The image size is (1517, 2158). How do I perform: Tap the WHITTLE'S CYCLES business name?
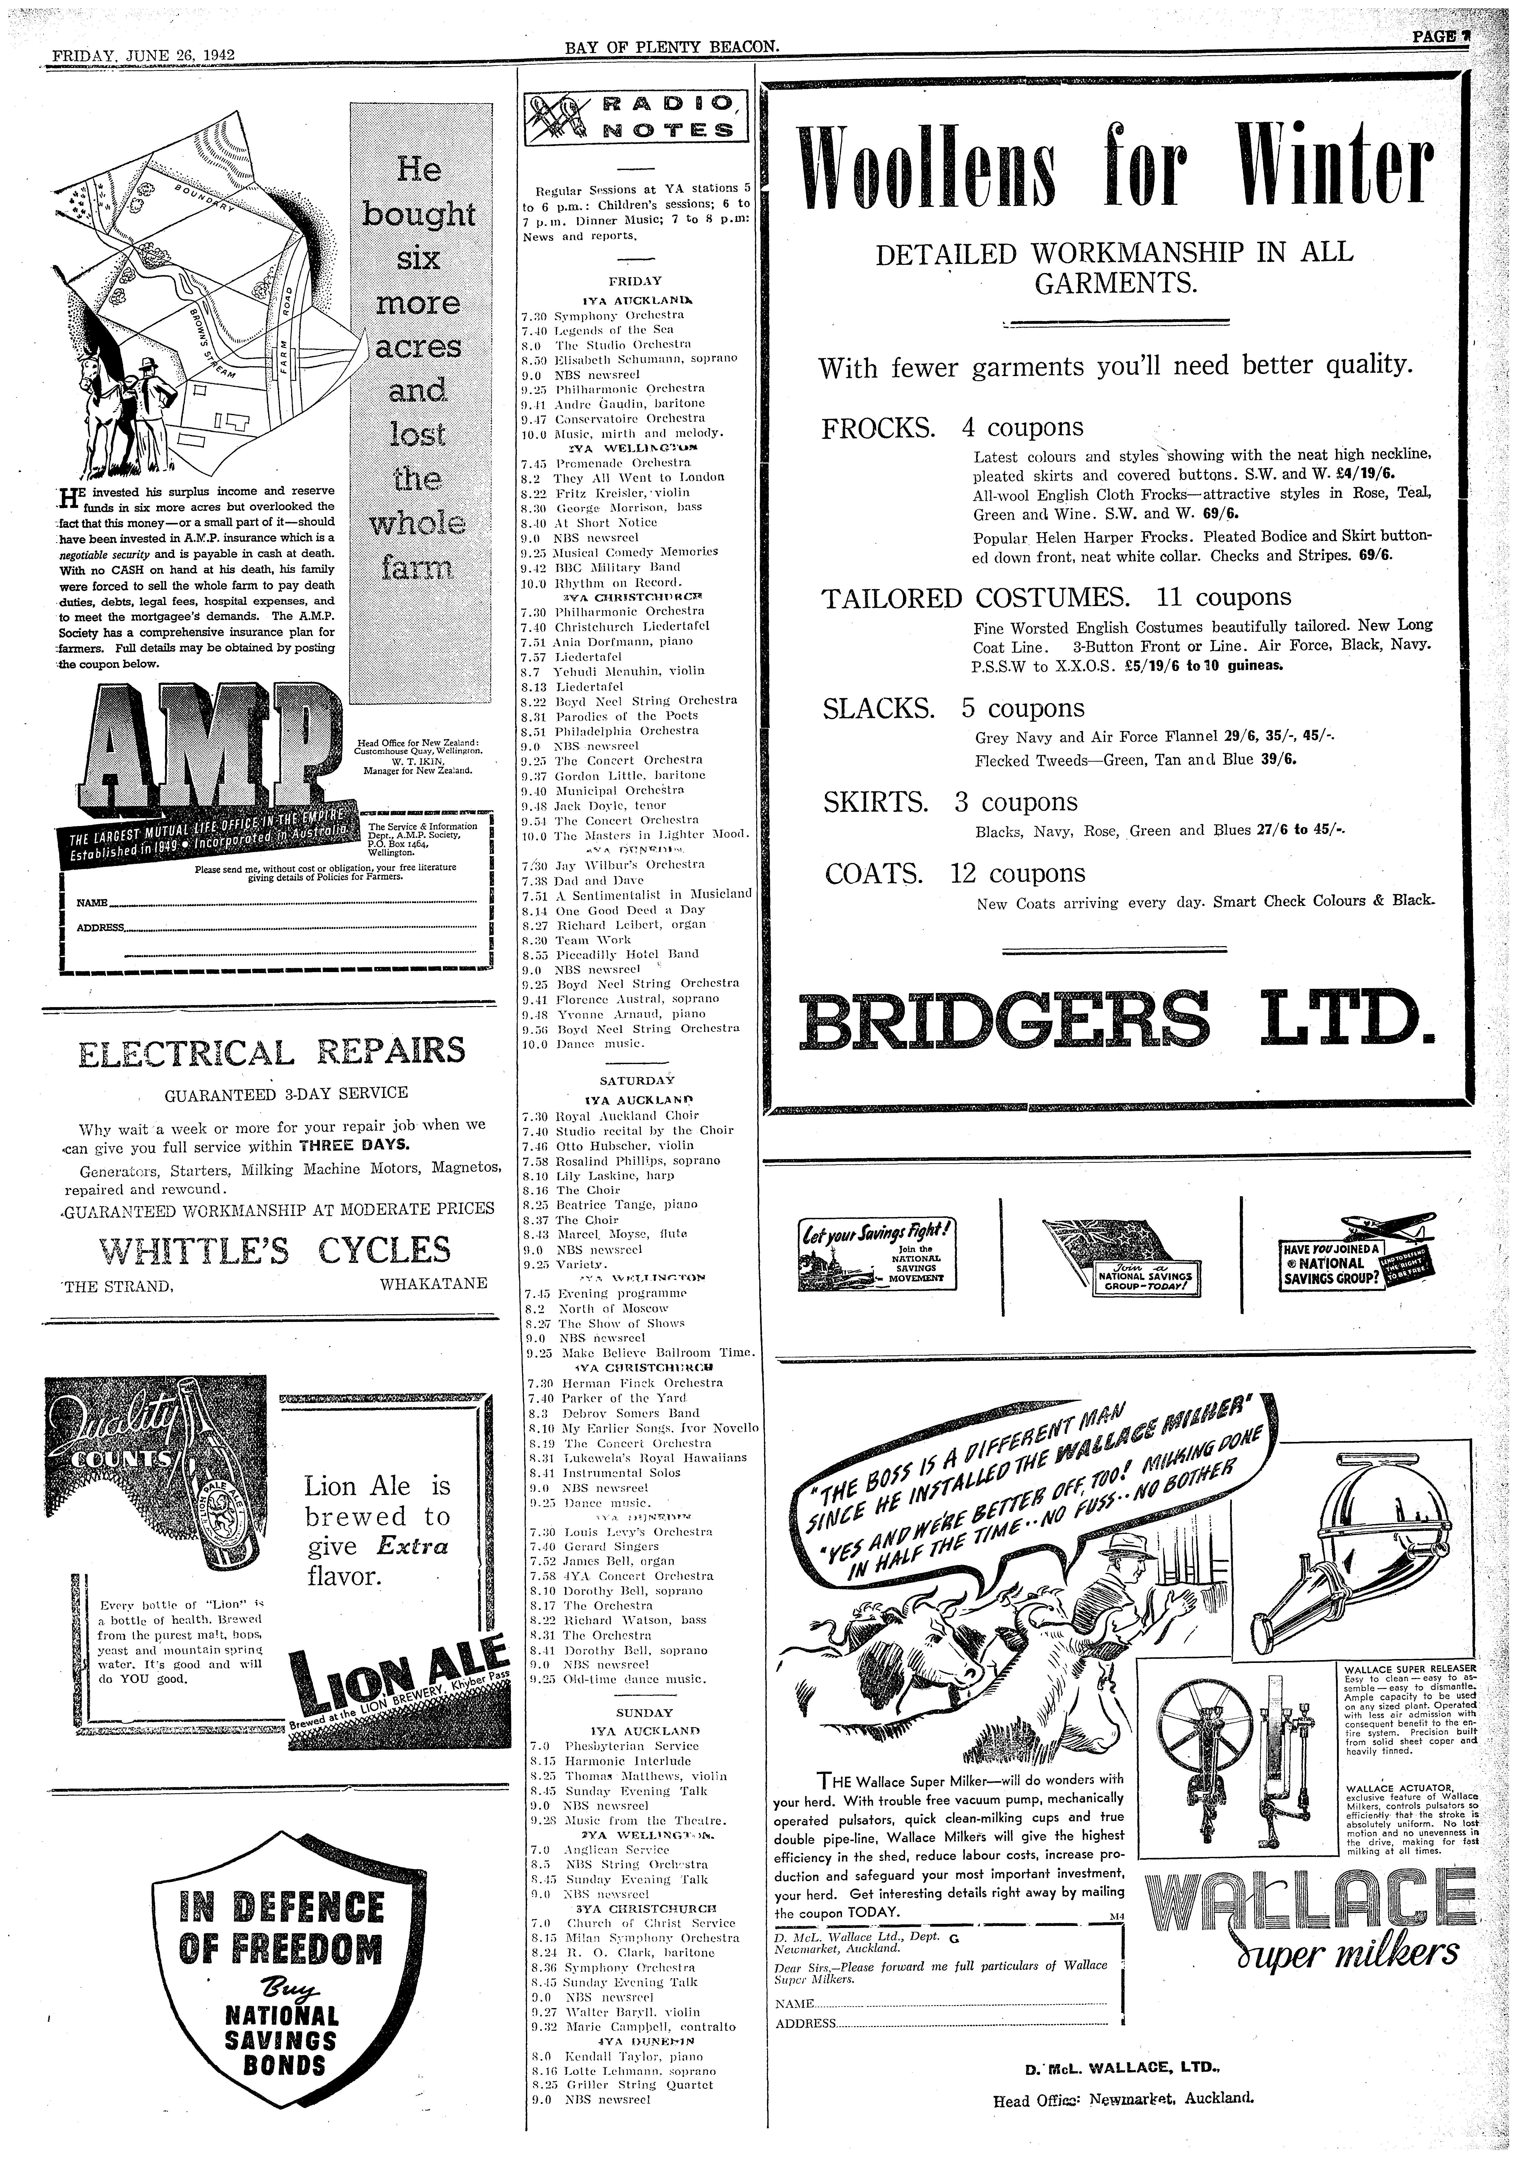(275, 1250)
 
